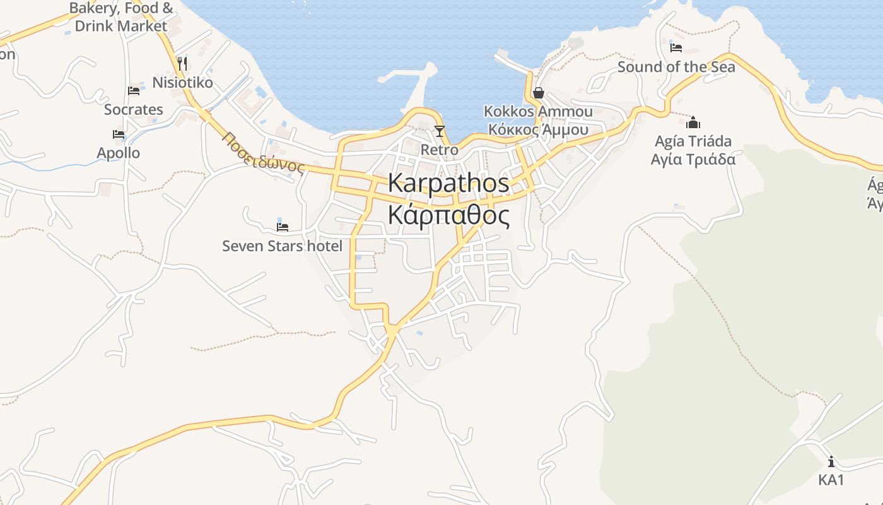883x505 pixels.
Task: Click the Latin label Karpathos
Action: coord(448,183)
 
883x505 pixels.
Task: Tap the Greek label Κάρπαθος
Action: coord(448,215)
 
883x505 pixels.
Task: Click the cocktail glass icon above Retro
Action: coord(439,131)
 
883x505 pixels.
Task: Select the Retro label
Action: coord(439,150)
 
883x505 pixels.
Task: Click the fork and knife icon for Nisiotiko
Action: coord(182,63)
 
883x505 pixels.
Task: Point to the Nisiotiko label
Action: coord(182,83)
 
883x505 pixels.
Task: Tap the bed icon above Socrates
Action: coord(134,91)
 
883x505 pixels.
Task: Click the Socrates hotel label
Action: coord(134,109)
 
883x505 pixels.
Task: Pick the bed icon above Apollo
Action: coord(118,134)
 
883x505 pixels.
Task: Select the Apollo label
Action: coord(118,153)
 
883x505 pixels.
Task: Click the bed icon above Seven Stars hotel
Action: coord(283,227)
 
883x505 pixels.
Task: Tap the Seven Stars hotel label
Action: coord(282,246)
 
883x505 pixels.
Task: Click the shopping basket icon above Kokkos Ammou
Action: coord(538,93)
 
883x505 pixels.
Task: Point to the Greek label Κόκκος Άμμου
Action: coord(538,130)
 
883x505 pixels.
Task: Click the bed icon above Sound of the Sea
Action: coord(676,47)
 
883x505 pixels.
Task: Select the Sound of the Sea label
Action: coord(676,66)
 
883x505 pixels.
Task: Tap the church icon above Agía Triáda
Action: coord(693,122)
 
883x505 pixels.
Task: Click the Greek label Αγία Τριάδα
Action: coord(693,159)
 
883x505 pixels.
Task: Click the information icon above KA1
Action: coord(831,461)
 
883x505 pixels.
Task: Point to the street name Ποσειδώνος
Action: coord(264,152)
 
